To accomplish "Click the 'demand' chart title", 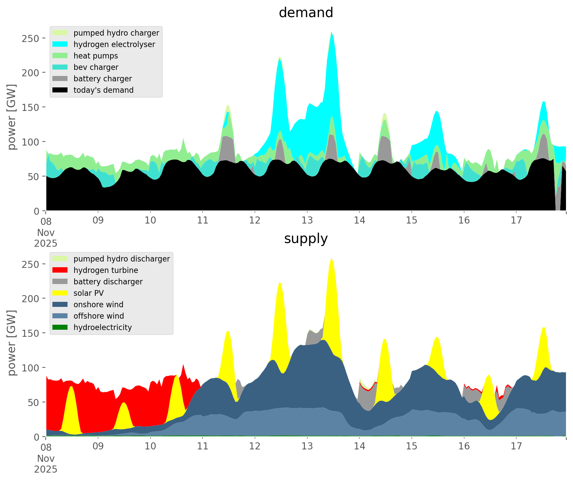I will (306, 13).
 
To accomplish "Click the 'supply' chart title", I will (306, 239).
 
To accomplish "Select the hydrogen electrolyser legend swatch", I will (60, 44).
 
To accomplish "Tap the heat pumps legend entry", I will (96, 56).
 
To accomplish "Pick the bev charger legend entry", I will (96, 67).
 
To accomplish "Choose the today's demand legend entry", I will (103, 90).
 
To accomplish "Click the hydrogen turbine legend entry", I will (105, 270).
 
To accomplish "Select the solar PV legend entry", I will (88, 293).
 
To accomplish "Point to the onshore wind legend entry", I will (98, 305).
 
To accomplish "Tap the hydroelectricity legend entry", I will (102, 327).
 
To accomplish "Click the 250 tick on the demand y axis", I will (30, 38).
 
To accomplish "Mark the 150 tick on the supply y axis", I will (30, 333).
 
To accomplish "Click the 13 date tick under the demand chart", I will (307, 221).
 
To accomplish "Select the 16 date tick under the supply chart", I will (464, 446).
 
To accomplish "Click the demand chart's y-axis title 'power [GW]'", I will (11, 117).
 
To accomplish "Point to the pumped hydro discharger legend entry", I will (122, 259).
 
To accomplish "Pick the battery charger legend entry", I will (102, 79).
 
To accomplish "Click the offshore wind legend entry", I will (99, 316).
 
